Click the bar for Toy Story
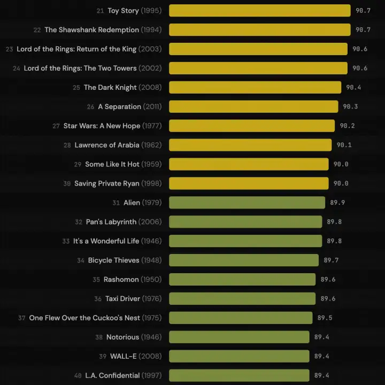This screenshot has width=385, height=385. pos(260,11)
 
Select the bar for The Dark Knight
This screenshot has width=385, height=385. pos(255,87)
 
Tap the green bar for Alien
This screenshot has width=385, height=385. pos(247,203)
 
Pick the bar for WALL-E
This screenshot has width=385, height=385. pos(239,356)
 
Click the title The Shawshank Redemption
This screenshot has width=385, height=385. pos(91,30)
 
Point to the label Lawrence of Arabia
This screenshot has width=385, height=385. pos(107,145)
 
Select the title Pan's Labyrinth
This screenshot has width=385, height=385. pos(111,222)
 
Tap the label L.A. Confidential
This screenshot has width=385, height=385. pos(112,375)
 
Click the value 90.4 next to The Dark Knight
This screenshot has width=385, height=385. pos(353,87)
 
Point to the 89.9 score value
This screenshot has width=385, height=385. pos(337,203)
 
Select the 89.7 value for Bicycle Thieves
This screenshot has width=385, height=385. pos(331,260)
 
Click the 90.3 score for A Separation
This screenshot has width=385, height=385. pos(350,106)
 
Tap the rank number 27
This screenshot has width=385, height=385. pos(56,126)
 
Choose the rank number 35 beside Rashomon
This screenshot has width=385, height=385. pos(96,280)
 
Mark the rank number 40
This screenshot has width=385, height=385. pos(78,376)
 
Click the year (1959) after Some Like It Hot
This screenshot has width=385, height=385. pos(151,164)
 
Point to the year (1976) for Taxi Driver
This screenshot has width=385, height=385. pos(151,299)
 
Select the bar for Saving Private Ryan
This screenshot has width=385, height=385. pos(249,183)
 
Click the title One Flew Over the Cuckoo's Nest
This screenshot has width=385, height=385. pos(84,318)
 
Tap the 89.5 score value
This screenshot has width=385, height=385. pos(325,318)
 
